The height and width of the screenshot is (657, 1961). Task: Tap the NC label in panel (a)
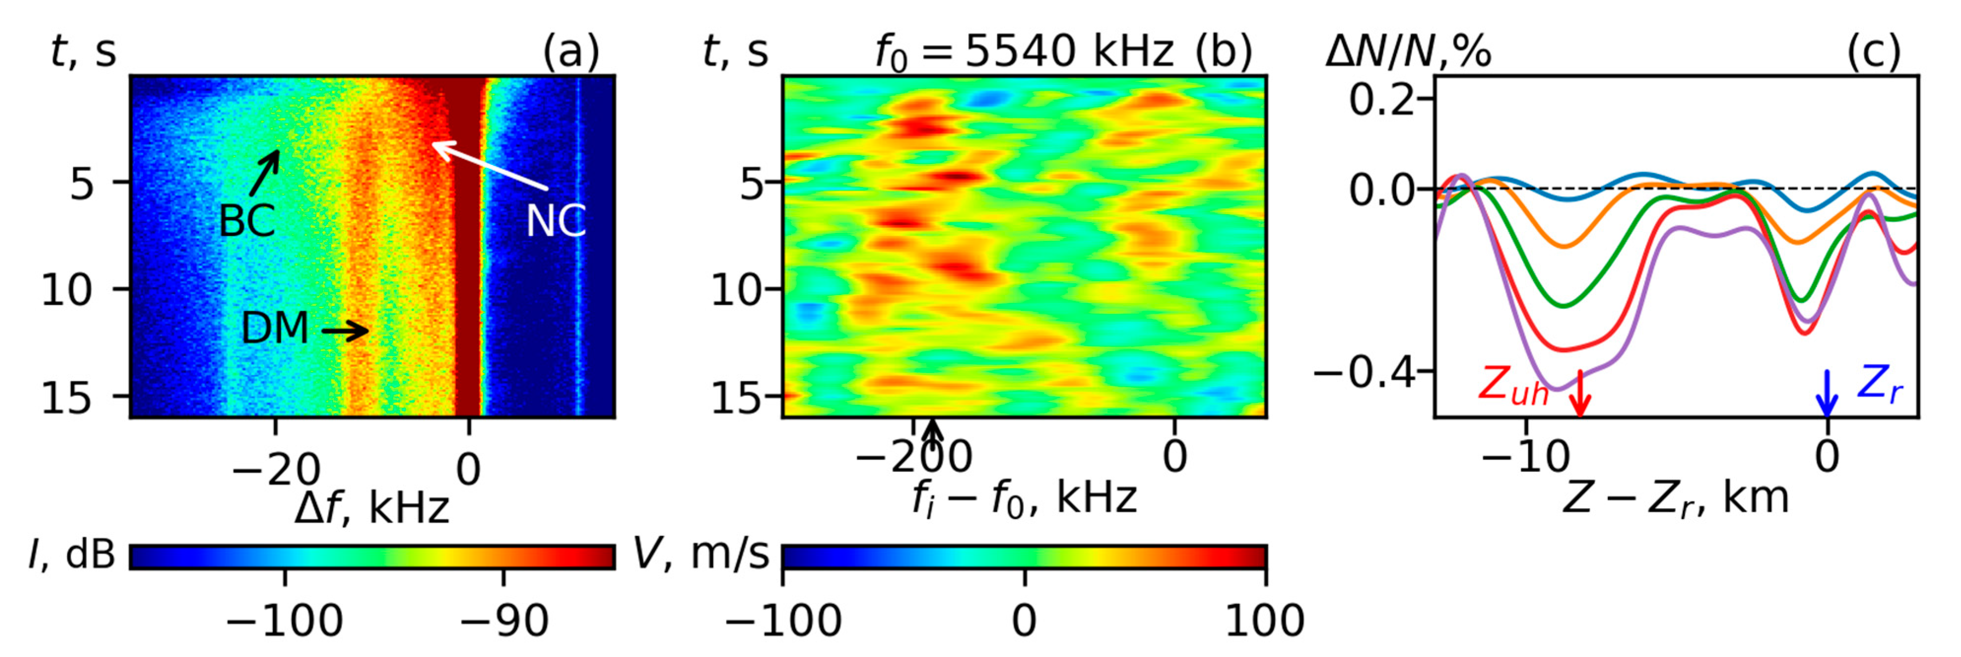tap(555, 222)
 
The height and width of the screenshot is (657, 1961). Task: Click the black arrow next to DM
tap(345, 330)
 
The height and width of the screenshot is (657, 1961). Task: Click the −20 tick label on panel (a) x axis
tap(276, 470)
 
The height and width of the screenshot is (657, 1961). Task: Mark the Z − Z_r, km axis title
tap(1675, 498)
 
